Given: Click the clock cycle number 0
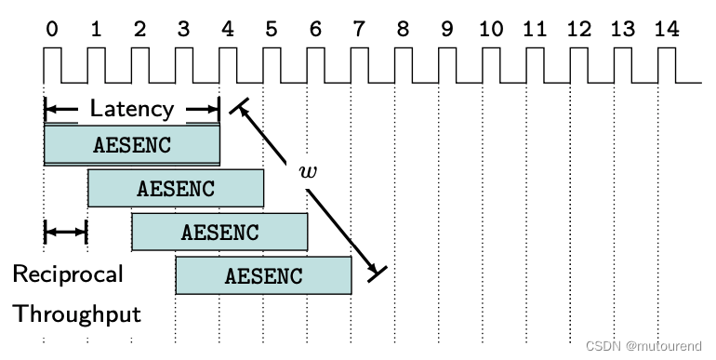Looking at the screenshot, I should tap(51, 30).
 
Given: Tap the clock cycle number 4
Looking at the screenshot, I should tap(227, 30).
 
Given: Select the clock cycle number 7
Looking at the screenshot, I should tap(359, 30).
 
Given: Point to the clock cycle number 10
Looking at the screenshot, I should tap(490, 30).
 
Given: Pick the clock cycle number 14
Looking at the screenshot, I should tap(666, 30).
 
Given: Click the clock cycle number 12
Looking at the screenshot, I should tap(578, 30).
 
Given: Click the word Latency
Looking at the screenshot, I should tap(131, 109).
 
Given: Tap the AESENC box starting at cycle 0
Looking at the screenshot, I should tap(132, 144).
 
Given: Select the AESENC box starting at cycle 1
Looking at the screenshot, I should tap(176, 188).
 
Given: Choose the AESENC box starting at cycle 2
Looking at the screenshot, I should tap(219, 232).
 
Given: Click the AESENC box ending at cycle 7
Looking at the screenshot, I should tap(263, 275).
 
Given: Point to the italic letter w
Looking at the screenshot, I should tap(308, 171).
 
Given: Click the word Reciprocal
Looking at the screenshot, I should tap(67, 274).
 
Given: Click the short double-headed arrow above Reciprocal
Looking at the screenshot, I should tap(65, 231).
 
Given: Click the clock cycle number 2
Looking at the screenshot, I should tap(139, 30).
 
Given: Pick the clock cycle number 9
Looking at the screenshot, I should tap(446, 30).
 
